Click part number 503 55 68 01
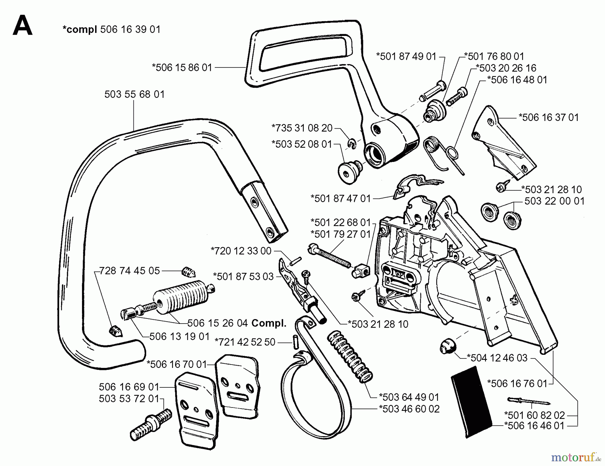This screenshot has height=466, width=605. point(134,94)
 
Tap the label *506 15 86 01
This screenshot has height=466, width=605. point(182,68)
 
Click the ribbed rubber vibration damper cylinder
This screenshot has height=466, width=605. point(182,297)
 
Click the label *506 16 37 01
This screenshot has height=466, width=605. point(549,118)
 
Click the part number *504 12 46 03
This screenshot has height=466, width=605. point(497,358)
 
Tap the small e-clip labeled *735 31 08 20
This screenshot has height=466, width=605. point(352,144)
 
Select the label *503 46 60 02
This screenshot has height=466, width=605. point(409,409)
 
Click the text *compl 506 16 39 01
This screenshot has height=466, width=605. point(112,30)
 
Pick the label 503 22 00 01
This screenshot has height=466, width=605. point(554,201)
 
